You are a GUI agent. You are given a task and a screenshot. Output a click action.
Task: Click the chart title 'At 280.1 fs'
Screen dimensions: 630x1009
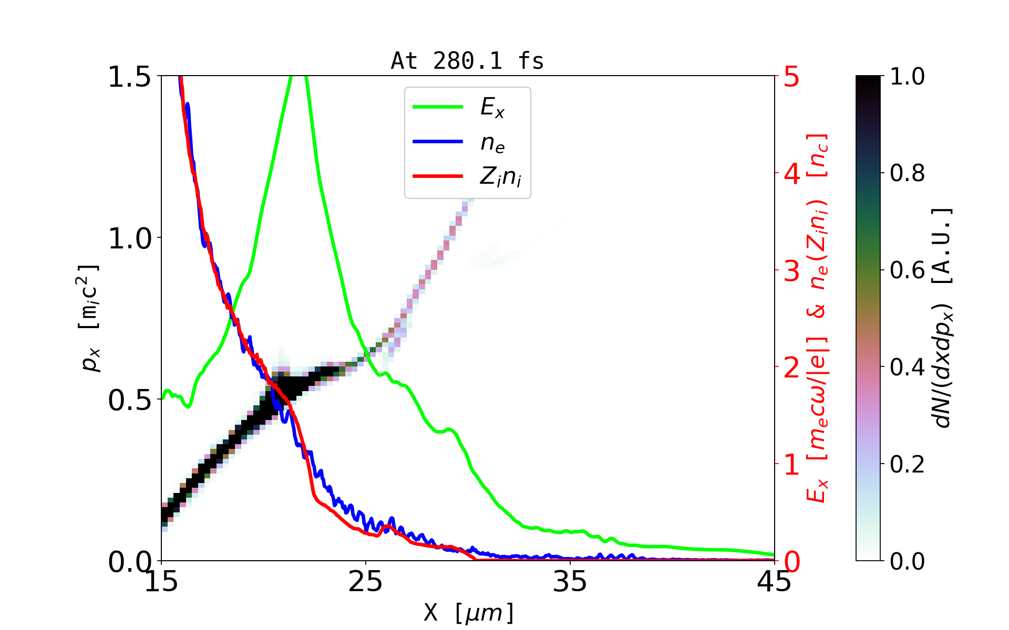click(x=467, y=61)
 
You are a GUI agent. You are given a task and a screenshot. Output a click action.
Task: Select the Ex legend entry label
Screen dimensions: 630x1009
click(x=492, y=108)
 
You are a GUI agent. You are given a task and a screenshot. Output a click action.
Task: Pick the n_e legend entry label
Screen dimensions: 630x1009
click(x=492, y=143)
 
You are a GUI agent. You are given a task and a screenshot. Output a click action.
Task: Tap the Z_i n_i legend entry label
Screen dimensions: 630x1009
click(x=500, y=177)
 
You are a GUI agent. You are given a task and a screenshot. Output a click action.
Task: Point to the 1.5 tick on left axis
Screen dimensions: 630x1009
click(x=129, y=77)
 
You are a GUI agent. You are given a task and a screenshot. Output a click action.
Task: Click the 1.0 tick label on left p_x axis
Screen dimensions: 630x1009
click(x=129, y=239)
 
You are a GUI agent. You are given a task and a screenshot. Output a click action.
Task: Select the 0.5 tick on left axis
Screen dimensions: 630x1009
click(x=129, y=401)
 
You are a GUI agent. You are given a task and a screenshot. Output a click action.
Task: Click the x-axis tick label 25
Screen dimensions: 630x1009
click(x=366, y=582)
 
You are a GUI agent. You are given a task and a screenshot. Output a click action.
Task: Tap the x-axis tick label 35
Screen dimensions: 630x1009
click(x=570, y=582)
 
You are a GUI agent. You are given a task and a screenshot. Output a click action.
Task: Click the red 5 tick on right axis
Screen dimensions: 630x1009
click(x=792, y=77)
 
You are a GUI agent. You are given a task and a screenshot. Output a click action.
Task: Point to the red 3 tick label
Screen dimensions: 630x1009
click(x=792, y=271)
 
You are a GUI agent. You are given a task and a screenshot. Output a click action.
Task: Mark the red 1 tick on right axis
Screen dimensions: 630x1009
click(x=792, y=465)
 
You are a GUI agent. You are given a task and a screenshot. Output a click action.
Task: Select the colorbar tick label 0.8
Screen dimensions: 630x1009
click(x=908, y=173)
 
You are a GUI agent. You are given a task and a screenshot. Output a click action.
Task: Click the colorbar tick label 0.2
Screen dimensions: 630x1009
click(x=908, y=464)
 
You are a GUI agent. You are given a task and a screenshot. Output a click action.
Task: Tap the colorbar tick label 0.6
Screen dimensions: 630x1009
click(x=908, y=270)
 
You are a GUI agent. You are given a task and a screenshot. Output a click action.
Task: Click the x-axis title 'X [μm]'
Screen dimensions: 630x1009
click(x=469, y=612)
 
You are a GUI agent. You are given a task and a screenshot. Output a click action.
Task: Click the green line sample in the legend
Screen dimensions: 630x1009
click(x=438, y=107)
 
